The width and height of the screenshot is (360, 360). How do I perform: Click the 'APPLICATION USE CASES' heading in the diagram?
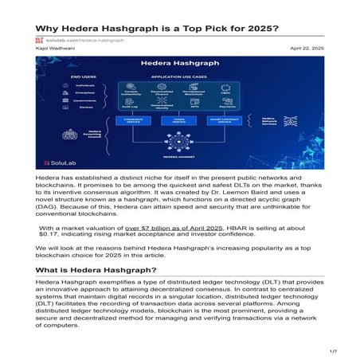[180, 76]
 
